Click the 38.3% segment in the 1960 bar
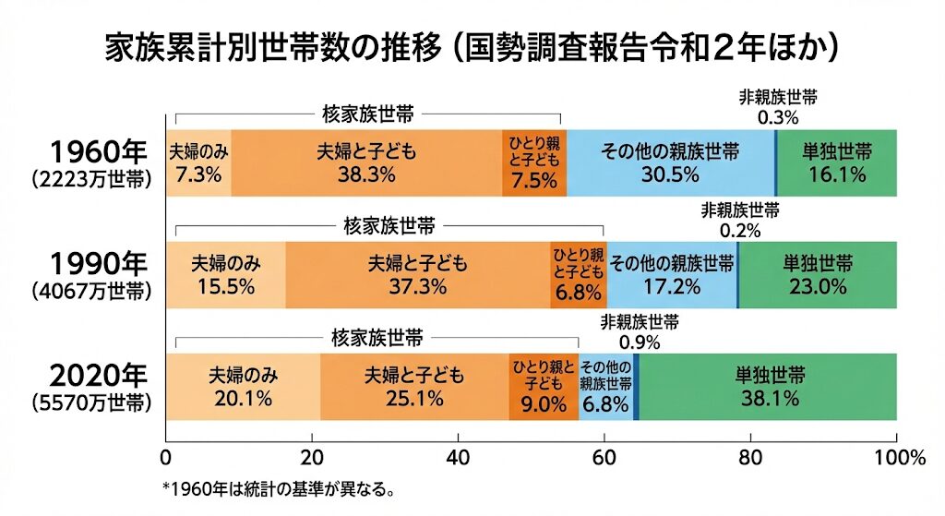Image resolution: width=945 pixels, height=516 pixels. tap(365, 163)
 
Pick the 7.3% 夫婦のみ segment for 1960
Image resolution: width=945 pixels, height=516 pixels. tap(198, 163)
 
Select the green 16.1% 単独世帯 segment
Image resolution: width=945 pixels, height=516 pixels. tap(836, 163)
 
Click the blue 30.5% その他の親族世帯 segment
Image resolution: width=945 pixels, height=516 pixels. tap(670, 163)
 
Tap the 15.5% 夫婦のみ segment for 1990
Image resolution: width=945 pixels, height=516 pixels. tap(225, 274)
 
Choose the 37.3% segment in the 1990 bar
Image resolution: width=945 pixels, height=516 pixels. tap(417, 274)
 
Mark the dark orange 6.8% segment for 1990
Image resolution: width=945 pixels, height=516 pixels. tap(578, 274)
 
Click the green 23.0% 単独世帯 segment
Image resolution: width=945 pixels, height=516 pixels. tap(818, 274)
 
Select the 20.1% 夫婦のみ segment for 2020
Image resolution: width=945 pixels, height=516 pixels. tap(243, 387)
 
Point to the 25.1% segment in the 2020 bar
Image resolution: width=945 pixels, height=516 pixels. tap(414, 387)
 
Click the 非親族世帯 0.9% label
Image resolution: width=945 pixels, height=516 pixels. tap(640, 331)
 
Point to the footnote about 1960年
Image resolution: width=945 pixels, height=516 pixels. tap(279, 489)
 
